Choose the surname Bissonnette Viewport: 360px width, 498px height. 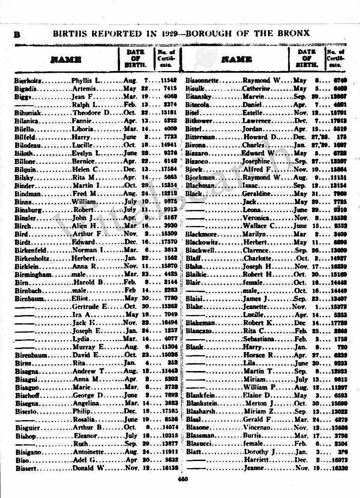click(x=203, y=80)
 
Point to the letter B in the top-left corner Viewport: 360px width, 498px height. click(x=18, y=34)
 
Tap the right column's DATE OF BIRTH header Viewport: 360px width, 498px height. click(x=307, y=59)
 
